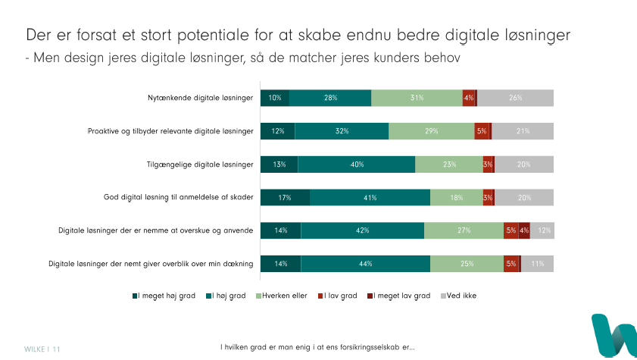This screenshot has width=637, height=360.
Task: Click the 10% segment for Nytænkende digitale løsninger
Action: tap(275, 98)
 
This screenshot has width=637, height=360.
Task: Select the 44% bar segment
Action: tap(366, 264)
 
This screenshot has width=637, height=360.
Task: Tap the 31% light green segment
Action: tap(417, 98)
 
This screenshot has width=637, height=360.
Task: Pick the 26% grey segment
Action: tap(516, 98)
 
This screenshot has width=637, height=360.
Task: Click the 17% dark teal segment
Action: tap(285, 198)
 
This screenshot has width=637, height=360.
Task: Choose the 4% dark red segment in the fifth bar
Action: tap(524, 230)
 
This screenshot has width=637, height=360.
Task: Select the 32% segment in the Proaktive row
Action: tap(342, 131)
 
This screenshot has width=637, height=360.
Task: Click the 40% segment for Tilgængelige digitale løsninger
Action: tap(357, 164)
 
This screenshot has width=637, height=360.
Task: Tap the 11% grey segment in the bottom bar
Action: tap(538, 264)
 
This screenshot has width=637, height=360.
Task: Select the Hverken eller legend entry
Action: tap(284, 296)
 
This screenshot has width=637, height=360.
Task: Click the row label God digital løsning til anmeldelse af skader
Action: tap(178, 198)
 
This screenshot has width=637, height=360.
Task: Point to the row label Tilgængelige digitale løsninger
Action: tap(199, 164)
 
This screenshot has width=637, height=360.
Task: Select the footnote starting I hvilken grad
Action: tap(317, 347)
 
